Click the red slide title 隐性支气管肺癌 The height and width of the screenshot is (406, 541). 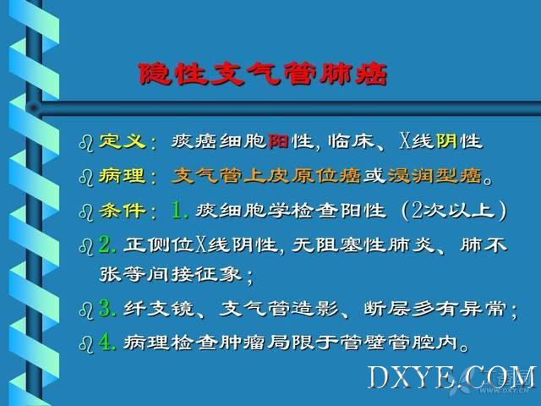[x=262, y=74]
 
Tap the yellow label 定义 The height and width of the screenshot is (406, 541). [x=122, y=141]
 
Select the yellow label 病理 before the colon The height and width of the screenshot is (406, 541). [x=122, y=176]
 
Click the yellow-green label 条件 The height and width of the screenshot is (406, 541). [x=122, y=211]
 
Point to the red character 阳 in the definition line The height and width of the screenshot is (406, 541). [x=278, y=141]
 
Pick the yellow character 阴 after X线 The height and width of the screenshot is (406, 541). [x=447, y=141]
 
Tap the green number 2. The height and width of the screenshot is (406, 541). [x=107, y=244]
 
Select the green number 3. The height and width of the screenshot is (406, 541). [x=107, y=308]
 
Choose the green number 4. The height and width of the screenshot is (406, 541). [x=107, y=342]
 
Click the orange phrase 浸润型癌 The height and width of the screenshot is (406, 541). [x=434, y=176]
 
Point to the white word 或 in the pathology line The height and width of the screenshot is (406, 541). [x=375, y=176]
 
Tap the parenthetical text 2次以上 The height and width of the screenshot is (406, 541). [x=453, y=211]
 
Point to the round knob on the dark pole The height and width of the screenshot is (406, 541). [x=34, y=108]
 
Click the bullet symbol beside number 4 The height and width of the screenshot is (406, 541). [x=86, y=344]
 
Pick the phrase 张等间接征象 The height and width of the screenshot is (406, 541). [x=169, y=275]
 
